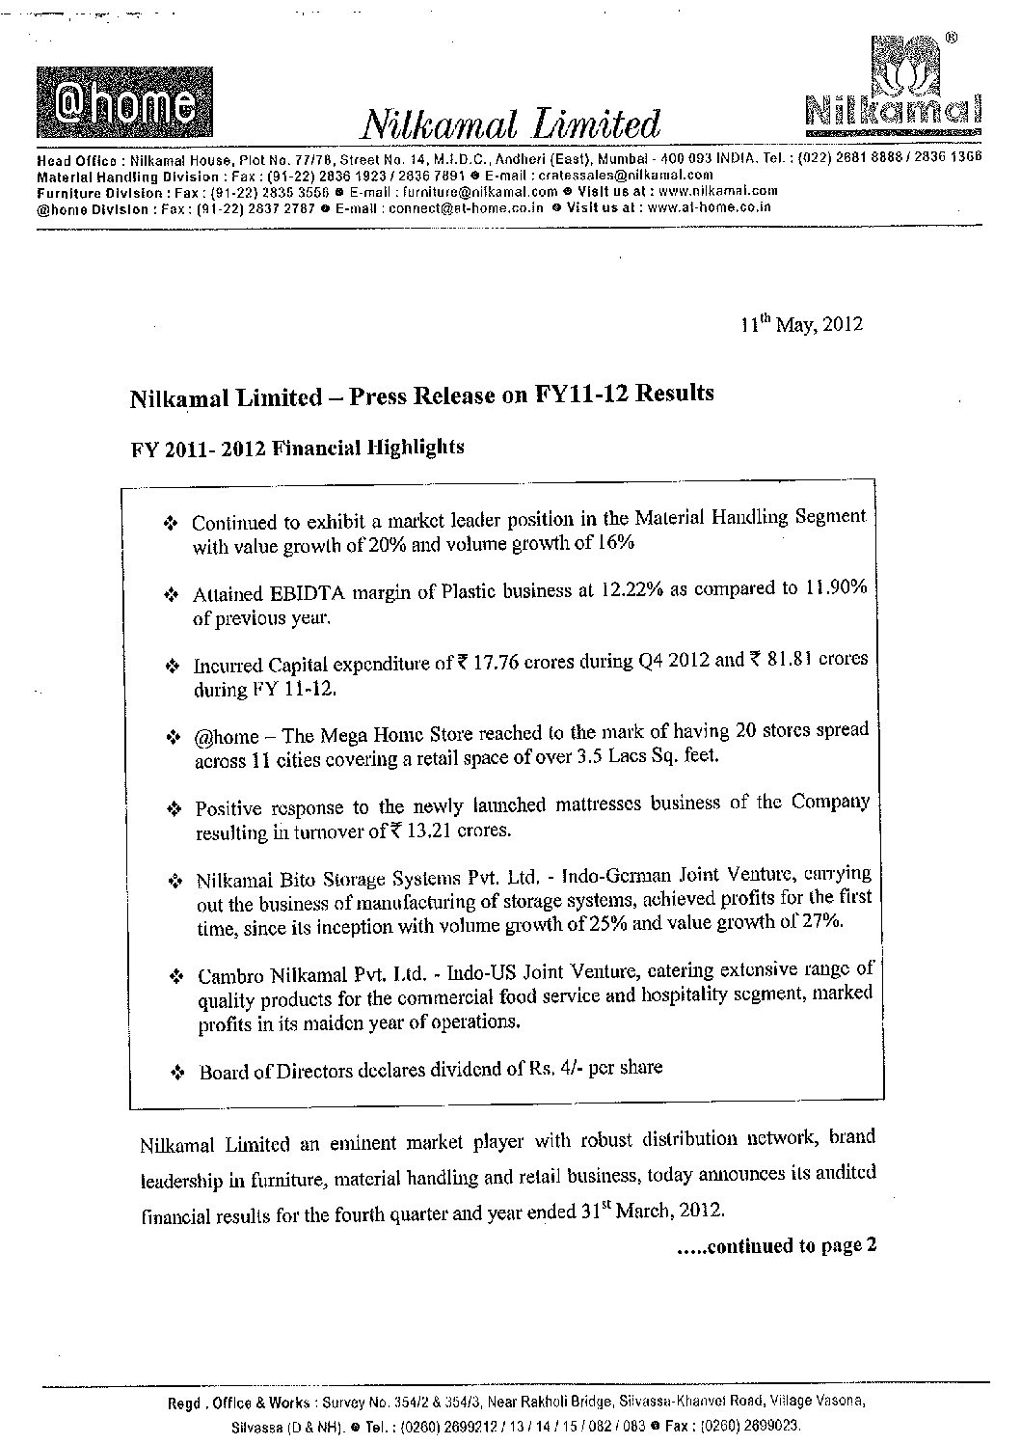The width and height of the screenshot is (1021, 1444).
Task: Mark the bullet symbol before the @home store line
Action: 175,737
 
